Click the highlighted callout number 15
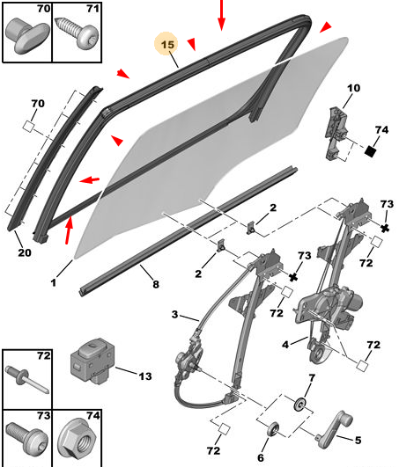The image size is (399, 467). [x=167, y=45]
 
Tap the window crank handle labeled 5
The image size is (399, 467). [x=335, y=428]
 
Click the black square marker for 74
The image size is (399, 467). [x=370, y=151]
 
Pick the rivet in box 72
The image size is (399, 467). [x=26, y=379]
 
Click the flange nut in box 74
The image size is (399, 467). [x=77, y=438]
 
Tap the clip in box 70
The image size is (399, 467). [x=27, y=36]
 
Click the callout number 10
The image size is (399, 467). [x=353, y=88]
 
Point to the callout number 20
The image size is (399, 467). [x=25, y=252]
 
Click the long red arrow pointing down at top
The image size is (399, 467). [x=221, y=15]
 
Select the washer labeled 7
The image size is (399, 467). [x=299, y=405]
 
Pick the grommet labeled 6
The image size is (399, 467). [x=272, y=429]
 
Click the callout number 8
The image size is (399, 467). [x=156, y=284]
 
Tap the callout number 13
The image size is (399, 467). [x=145, y=376]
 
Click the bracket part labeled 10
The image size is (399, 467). [x=337, y=134]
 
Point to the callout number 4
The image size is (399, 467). [x=285, y=345]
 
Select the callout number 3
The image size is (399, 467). [x=175, y=314]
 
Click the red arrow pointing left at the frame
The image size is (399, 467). [x=90, y=180]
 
